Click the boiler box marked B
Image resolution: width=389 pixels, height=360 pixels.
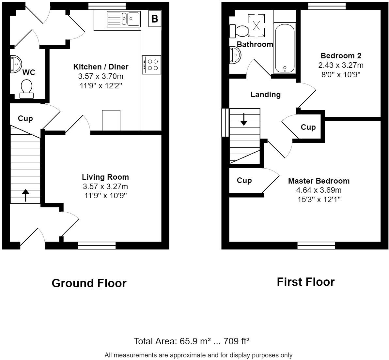(155, 19)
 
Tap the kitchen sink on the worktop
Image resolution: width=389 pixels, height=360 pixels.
(124, 19)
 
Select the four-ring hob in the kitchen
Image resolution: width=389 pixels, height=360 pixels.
(151, 65)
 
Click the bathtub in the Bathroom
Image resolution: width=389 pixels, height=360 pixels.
(285, 48)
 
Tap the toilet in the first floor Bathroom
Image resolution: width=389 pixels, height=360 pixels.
(239, 31)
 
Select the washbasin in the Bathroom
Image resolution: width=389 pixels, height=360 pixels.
(235, 54)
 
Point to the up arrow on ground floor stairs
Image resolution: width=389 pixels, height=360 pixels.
(25, 195)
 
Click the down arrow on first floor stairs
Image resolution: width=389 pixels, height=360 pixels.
(244, 119)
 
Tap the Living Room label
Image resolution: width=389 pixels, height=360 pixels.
(105, 177)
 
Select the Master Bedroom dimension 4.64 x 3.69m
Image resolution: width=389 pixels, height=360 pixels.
(319, 190)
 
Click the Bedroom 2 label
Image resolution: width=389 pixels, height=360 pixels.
(341, 56)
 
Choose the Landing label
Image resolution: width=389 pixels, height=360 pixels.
(265, 95)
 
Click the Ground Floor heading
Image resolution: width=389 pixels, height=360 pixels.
(89, 283)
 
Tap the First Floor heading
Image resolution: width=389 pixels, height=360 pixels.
(305, 282)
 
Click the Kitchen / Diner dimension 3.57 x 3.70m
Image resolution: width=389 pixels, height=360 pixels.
(101, 76)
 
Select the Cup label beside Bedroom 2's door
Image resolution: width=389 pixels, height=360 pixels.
(308, 127)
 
